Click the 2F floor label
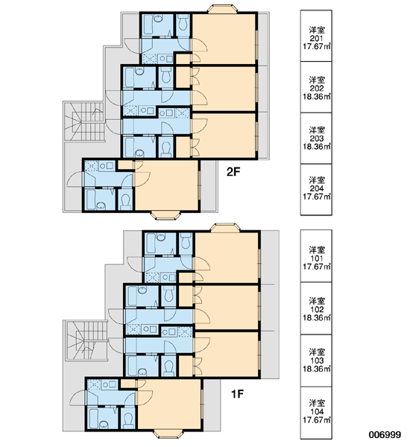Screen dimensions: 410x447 click(233, 171)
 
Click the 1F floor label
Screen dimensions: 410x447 click(237, 394)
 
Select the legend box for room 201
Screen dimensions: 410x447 click(316, 36)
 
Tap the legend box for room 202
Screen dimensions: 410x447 click(316, 87)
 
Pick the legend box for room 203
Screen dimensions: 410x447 click(316, 139)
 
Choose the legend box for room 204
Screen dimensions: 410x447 click(316, 189)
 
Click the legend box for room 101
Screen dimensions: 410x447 click(316, 256)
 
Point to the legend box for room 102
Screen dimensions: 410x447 click(316, 308)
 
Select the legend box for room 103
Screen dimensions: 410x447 click(316, 361)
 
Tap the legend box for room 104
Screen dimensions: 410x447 click(316, 413)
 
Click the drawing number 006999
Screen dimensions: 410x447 click(385, 435)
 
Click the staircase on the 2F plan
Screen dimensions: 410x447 click(83, 121)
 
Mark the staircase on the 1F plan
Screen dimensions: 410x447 click(86, 340)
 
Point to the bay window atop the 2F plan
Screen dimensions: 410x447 click(222, 9)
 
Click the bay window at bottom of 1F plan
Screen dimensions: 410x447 click(168, 434)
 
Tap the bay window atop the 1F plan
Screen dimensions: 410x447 click(225, 227)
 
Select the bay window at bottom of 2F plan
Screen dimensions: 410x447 click(165, 215)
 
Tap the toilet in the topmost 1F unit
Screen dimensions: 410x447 click(186, 241)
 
